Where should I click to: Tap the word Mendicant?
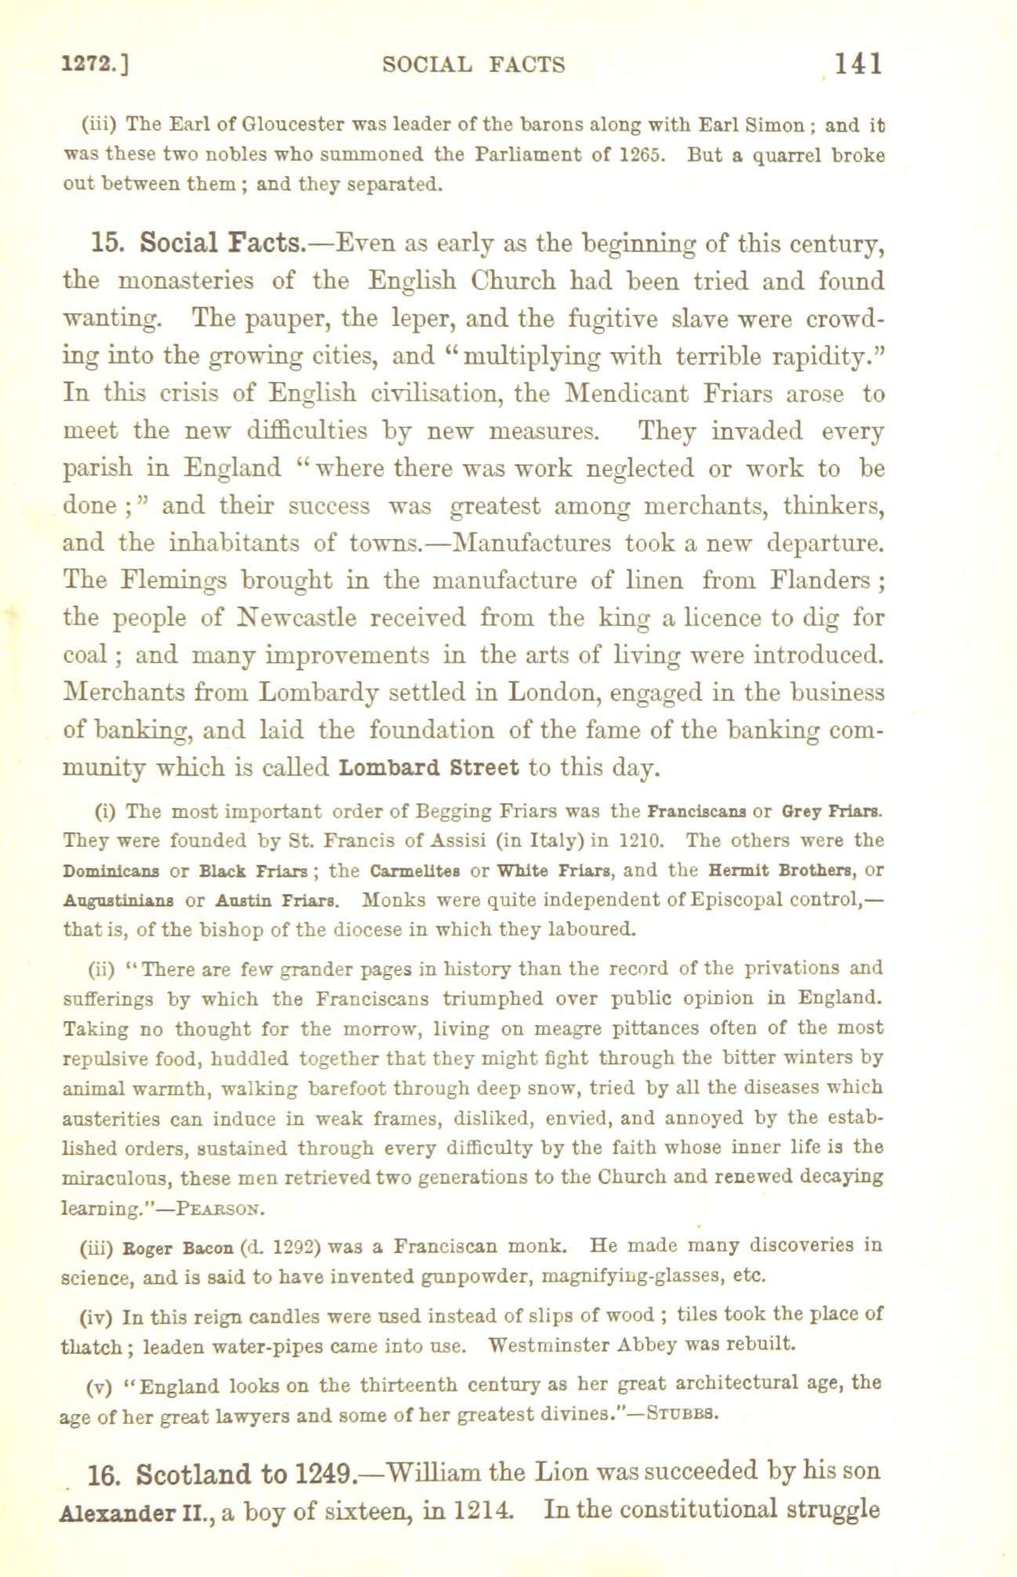coord(627,393)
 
